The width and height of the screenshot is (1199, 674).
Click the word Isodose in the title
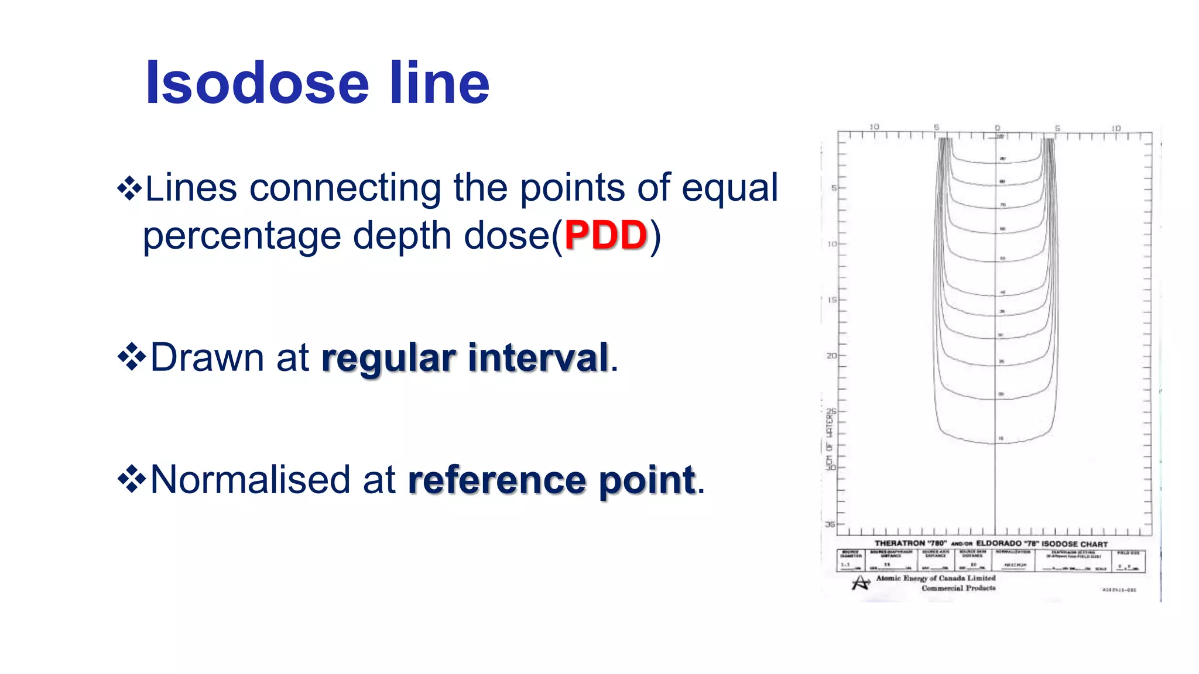tap(258, 84)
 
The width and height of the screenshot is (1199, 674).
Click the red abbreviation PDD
tap(606, 235)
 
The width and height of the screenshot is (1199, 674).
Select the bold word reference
tap(497, 480)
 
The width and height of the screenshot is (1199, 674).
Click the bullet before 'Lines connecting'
tap(130, 188)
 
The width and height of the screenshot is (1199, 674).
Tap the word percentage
tap(242, 235)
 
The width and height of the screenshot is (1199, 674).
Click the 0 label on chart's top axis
tap(998, 128)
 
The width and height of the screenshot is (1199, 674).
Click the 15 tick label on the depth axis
tap(832, 300)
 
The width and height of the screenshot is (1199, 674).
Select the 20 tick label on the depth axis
tap(831, 356)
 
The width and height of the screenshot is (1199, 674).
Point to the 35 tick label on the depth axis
tap(830, 524)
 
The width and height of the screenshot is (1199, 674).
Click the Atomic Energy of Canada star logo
tap(861, 583)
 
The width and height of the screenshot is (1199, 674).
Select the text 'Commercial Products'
tap(958, 588)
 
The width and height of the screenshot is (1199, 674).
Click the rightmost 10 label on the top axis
tap(1116, 128)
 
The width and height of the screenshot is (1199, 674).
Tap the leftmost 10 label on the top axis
tap(874, 127)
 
